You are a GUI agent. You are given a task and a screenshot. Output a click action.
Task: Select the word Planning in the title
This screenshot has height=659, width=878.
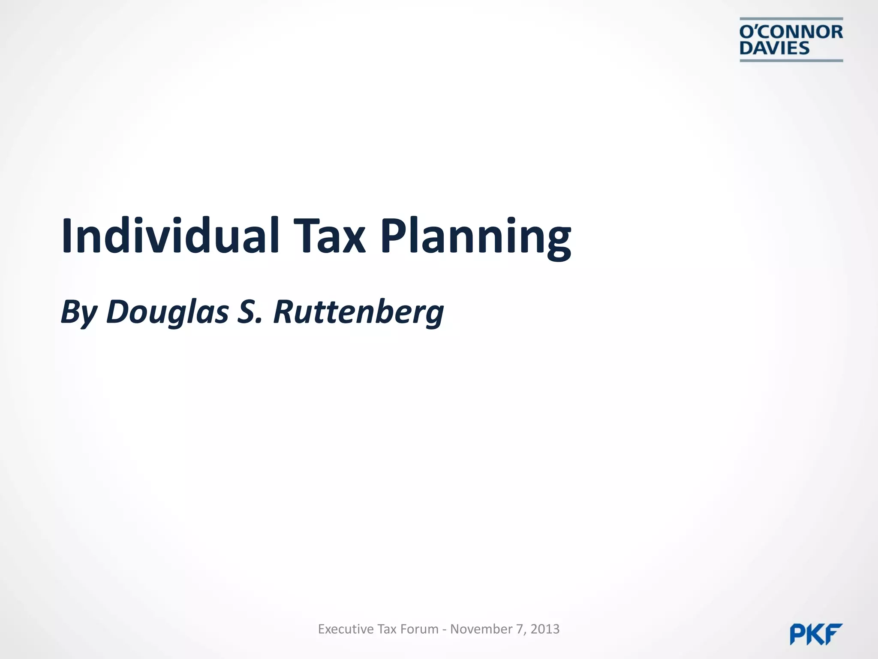click(x=475, y=238)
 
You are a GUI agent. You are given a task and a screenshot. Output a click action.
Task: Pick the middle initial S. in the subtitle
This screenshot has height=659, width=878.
click(x=249, y=311)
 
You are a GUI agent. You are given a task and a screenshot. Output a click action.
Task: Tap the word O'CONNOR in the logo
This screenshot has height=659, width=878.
click(x=791, y=32)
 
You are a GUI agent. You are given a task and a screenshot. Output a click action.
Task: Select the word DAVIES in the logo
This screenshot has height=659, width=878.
click(x=774, y=48)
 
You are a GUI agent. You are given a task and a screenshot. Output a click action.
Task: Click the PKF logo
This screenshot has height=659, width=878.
click(x=816, y=634)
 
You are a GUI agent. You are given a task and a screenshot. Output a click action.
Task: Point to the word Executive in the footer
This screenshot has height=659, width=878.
click(x=346, y=629)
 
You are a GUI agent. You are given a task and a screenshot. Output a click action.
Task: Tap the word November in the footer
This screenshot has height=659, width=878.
click(x=481, y=629)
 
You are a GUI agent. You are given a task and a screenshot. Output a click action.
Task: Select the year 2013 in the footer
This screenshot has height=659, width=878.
click(x=545, y=629)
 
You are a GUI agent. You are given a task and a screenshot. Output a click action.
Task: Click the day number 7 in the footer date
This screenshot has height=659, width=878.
click(x=520, y=629)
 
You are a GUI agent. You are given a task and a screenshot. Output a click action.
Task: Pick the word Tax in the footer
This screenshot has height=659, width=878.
click(x=387, y=629)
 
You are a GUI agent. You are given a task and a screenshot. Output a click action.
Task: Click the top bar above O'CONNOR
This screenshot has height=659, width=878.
click(x=791, y=19)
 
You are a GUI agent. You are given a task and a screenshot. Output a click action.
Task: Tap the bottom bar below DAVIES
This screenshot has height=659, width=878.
click(x=791, y=60)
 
